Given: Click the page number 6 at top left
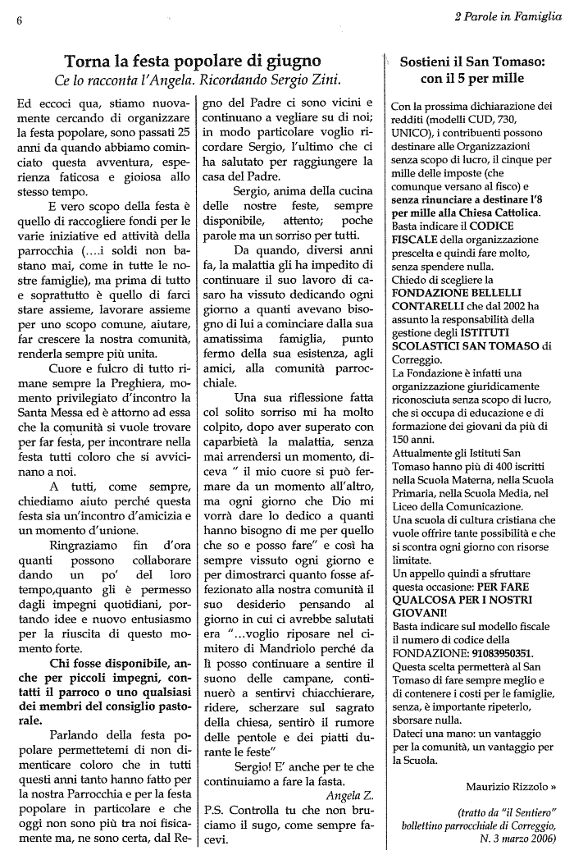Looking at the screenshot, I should (17, 22).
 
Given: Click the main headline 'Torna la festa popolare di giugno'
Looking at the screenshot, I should (193, 61).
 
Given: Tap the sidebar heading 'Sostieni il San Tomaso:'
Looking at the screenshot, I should (471, 62).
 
